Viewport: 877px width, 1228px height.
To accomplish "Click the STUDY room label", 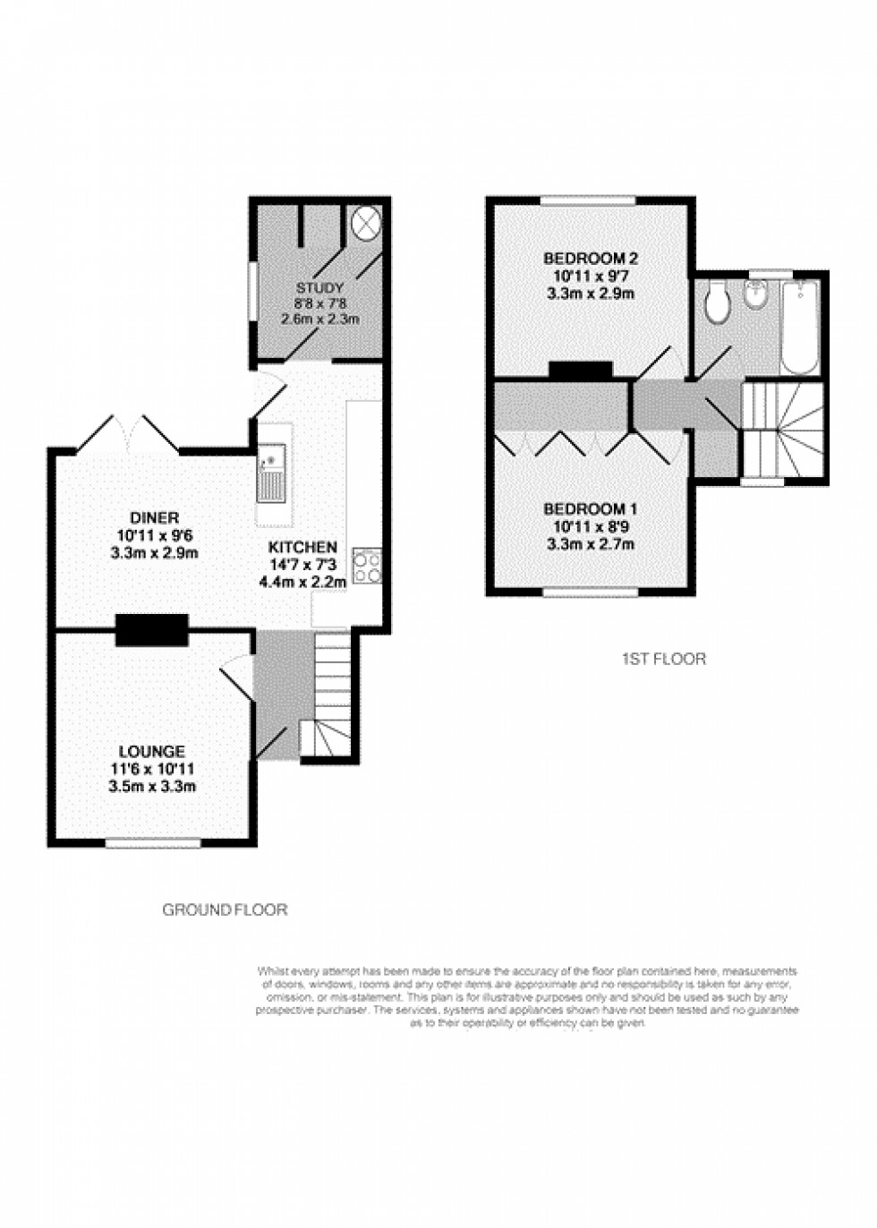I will (319, 288).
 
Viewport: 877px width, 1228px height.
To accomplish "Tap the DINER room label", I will (154, 517).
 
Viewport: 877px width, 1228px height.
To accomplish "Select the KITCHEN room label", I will (302, 547).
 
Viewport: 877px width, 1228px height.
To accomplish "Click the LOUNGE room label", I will (152, 752).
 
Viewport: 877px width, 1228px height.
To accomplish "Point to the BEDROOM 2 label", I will (591, 259).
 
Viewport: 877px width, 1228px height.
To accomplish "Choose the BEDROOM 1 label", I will (591, 509).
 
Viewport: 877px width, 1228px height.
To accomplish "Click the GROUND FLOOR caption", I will (225, 910).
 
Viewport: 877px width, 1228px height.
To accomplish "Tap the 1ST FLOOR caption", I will (663, 660).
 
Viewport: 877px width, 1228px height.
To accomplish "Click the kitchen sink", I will (272, 474).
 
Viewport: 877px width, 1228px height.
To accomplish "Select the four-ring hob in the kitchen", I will (367, 566).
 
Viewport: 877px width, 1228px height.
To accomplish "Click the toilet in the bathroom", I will (717, 303).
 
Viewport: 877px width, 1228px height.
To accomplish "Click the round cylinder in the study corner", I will (366, 222).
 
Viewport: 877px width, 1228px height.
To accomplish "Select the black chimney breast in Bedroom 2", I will (580, 370).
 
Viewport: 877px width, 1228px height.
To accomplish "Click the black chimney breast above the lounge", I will (151, 629).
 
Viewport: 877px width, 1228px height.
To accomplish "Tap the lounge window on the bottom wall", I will (152, 841).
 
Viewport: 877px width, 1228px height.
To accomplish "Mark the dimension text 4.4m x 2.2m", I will (302, 582).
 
